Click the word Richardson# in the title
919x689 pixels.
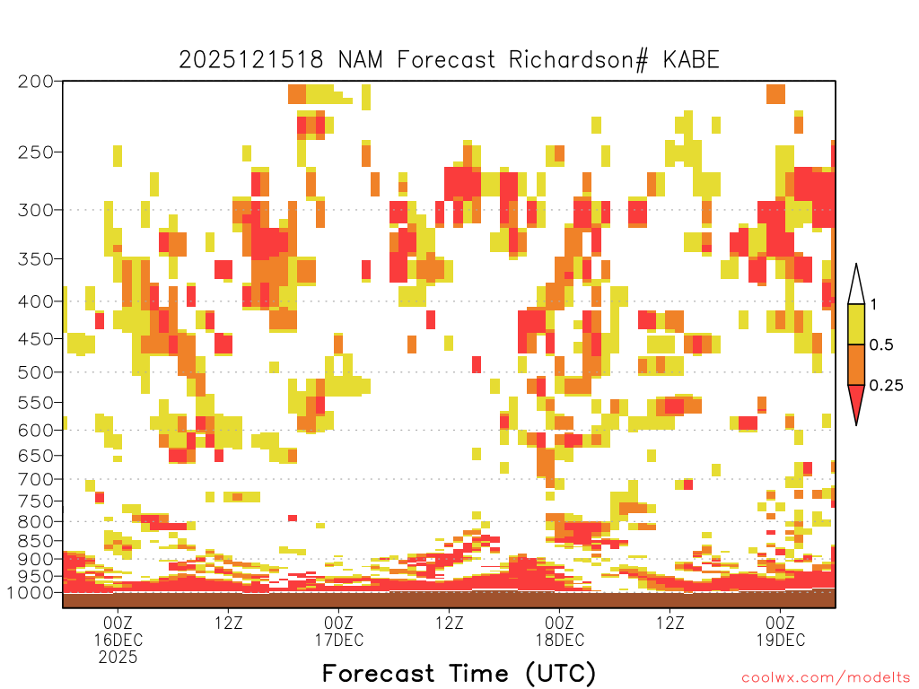click(579, 60)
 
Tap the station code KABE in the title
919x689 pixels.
click(691, 60)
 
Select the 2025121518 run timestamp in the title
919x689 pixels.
click(251, 60)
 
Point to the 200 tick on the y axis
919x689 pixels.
click(35, 82)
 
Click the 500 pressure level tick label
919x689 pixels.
click(35, 372)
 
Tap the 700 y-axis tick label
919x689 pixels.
click(35, 479)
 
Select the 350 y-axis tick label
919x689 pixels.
click(35, 258)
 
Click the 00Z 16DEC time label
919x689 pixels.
click(118, 631)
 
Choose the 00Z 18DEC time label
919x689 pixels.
click(560, 631)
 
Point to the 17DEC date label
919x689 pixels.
click(338, 640)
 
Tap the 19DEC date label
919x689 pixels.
click(781, 640)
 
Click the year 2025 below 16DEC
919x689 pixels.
click(118, 658)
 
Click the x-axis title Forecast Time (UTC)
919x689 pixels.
click(459, 674)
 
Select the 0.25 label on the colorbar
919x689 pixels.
click(886, 386)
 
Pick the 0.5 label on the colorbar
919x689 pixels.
click(881, 344)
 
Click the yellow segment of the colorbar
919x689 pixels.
click(856, 324)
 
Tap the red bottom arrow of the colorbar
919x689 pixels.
click(856, 401)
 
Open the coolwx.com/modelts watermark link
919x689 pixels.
click(827, 678)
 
